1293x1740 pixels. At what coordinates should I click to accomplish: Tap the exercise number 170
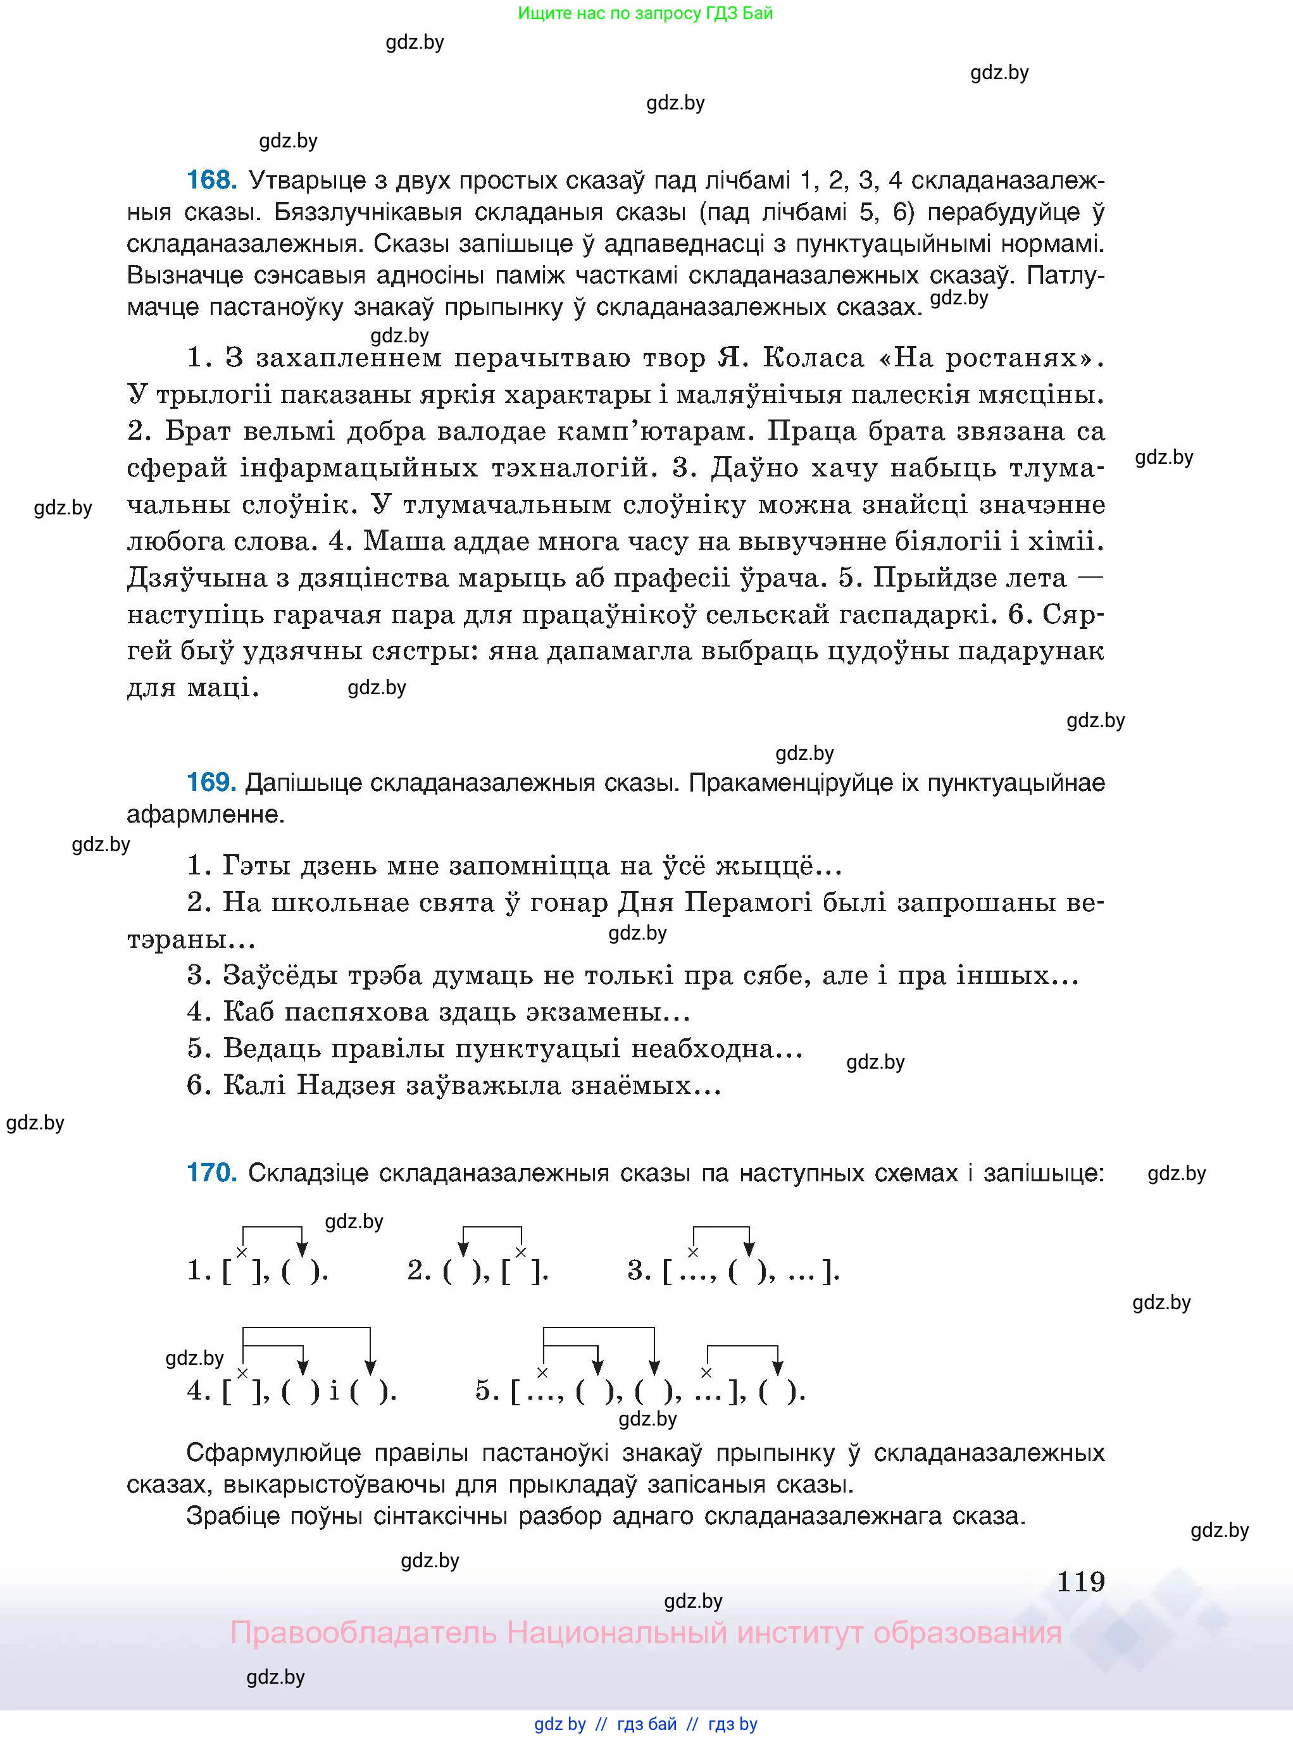[211, 1173]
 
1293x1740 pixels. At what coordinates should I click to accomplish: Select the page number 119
[1080, 1582]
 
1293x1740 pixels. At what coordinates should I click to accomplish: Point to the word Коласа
[813, 357]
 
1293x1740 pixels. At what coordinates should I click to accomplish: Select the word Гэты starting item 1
[256, 866]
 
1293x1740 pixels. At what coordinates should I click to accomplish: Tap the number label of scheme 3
[639, 1271]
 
